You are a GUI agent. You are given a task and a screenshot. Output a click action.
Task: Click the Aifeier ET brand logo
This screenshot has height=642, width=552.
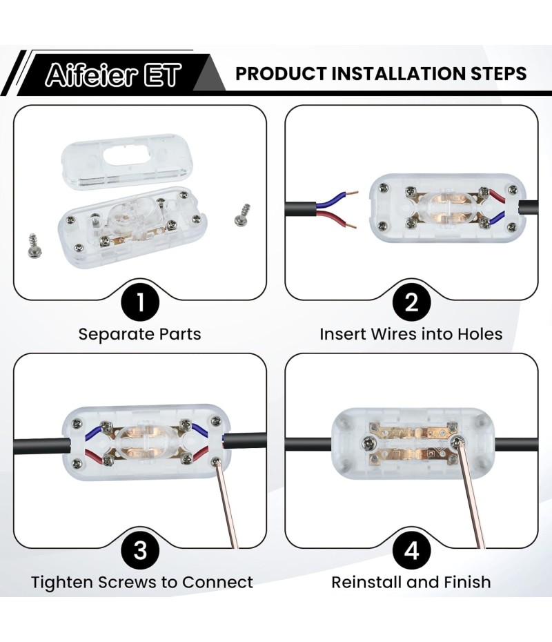[x=113, y=75]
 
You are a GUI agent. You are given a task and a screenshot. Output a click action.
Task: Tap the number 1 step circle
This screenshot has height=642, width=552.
[x=140, y=302]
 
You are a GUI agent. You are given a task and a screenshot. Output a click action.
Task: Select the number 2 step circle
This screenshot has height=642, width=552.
[x=411, y=302]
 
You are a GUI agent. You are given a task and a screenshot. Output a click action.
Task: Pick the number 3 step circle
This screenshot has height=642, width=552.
[x=140, y=550]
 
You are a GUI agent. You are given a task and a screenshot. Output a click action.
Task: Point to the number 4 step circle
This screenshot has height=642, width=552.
[x=411, y=550]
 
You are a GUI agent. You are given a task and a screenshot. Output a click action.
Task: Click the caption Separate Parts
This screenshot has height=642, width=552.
[x=140, y=334]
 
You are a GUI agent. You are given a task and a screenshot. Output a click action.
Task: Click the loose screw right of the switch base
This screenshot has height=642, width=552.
[x=243, y=215]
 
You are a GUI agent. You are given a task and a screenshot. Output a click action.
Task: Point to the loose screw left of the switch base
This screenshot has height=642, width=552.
[x=32, y=246]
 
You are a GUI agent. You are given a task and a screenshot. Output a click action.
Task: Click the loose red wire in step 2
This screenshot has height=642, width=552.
[x=335, y=218]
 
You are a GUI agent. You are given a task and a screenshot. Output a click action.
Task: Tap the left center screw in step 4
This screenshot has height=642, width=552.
[x=368, y=442]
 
